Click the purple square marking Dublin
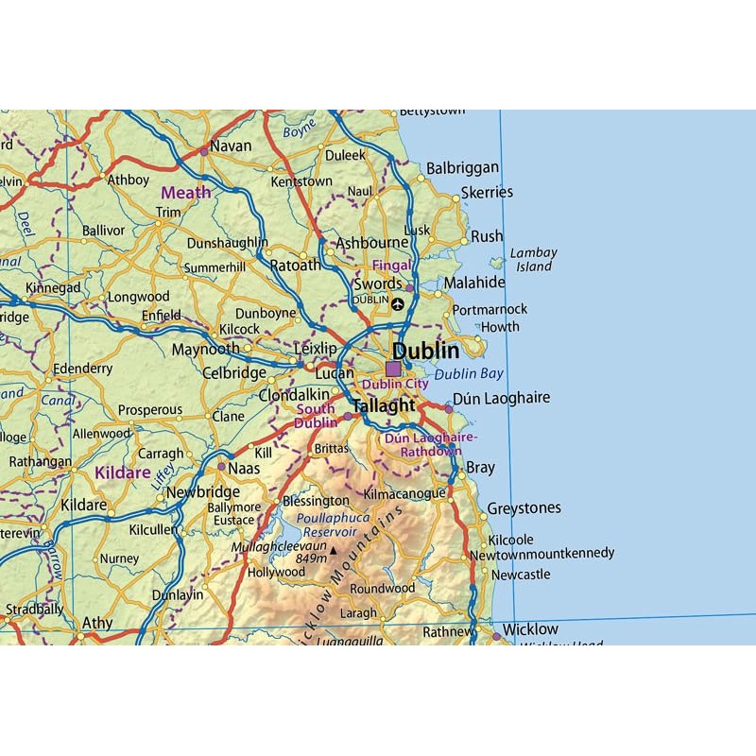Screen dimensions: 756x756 pos(392,369)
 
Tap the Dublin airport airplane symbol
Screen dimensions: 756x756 pos(397,303)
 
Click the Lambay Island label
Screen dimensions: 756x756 pos(533,259)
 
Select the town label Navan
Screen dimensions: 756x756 pos(231,146)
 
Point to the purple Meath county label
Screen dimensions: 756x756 pos(186,192)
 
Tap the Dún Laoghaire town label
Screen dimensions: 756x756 pos(501,398)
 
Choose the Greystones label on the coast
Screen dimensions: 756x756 pos(524,508)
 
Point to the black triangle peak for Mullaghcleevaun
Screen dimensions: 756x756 pos(332,547)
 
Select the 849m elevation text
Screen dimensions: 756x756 pos(310,558)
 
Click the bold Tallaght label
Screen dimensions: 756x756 pos(383,405)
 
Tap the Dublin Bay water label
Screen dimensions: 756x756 pos(470,374)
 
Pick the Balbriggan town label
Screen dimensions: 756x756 pos(462,167)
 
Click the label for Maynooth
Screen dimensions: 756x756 pos(205,350)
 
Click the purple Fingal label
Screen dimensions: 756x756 pos(391,266)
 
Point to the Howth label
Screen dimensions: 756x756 pos(500,327)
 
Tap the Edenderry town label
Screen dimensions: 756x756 pos(83,369)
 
